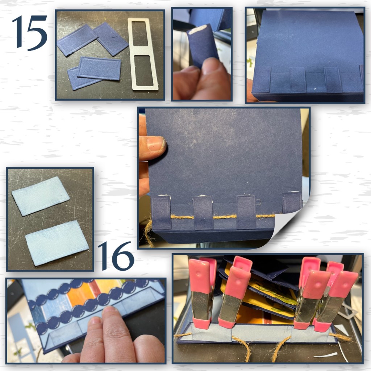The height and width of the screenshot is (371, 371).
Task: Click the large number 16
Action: (x=116, y=256)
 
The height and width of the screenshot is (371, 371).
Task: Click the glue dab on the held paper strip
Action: (x=197, y=29)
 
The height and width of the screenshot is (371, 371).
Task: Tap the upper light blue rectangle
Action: (x=41, y=196)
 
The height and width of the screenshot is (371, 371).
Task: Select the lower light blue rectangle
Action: (x=57, y=243)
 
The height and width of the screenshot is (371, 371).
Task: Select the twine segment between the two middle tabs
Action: (x=225, y=217)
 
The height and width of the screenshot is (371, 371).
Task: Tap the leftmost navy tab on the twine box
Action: (x=161, y=212)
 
